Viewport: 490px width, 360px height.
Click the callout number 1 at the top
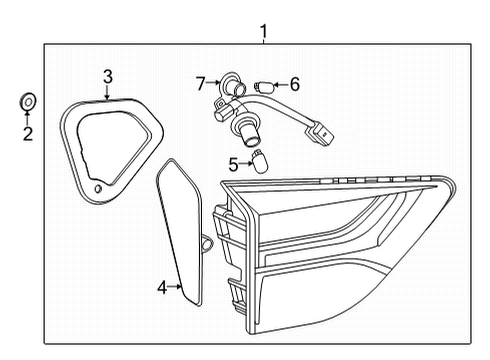264,33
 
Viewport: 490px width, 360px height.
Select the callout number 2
27,132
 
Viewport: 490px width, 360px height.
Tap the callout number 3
108,75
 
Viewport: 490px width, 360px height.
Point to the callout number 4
162,288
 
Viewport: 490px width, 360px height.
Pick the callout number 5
232,162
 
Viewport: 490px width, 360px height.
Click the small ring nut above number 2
28,101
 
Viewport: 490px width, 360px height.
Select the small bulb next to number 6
267,85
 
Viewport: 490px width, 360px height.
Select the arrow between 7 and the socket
213,81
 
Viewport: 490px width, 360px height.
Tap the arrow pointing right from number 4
175,288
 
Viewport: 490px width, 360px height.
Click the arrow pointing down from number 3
108,90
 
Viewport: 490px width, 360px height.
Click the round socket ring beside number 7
230,85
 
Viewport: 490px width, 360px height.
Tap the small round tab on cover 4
206,242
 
